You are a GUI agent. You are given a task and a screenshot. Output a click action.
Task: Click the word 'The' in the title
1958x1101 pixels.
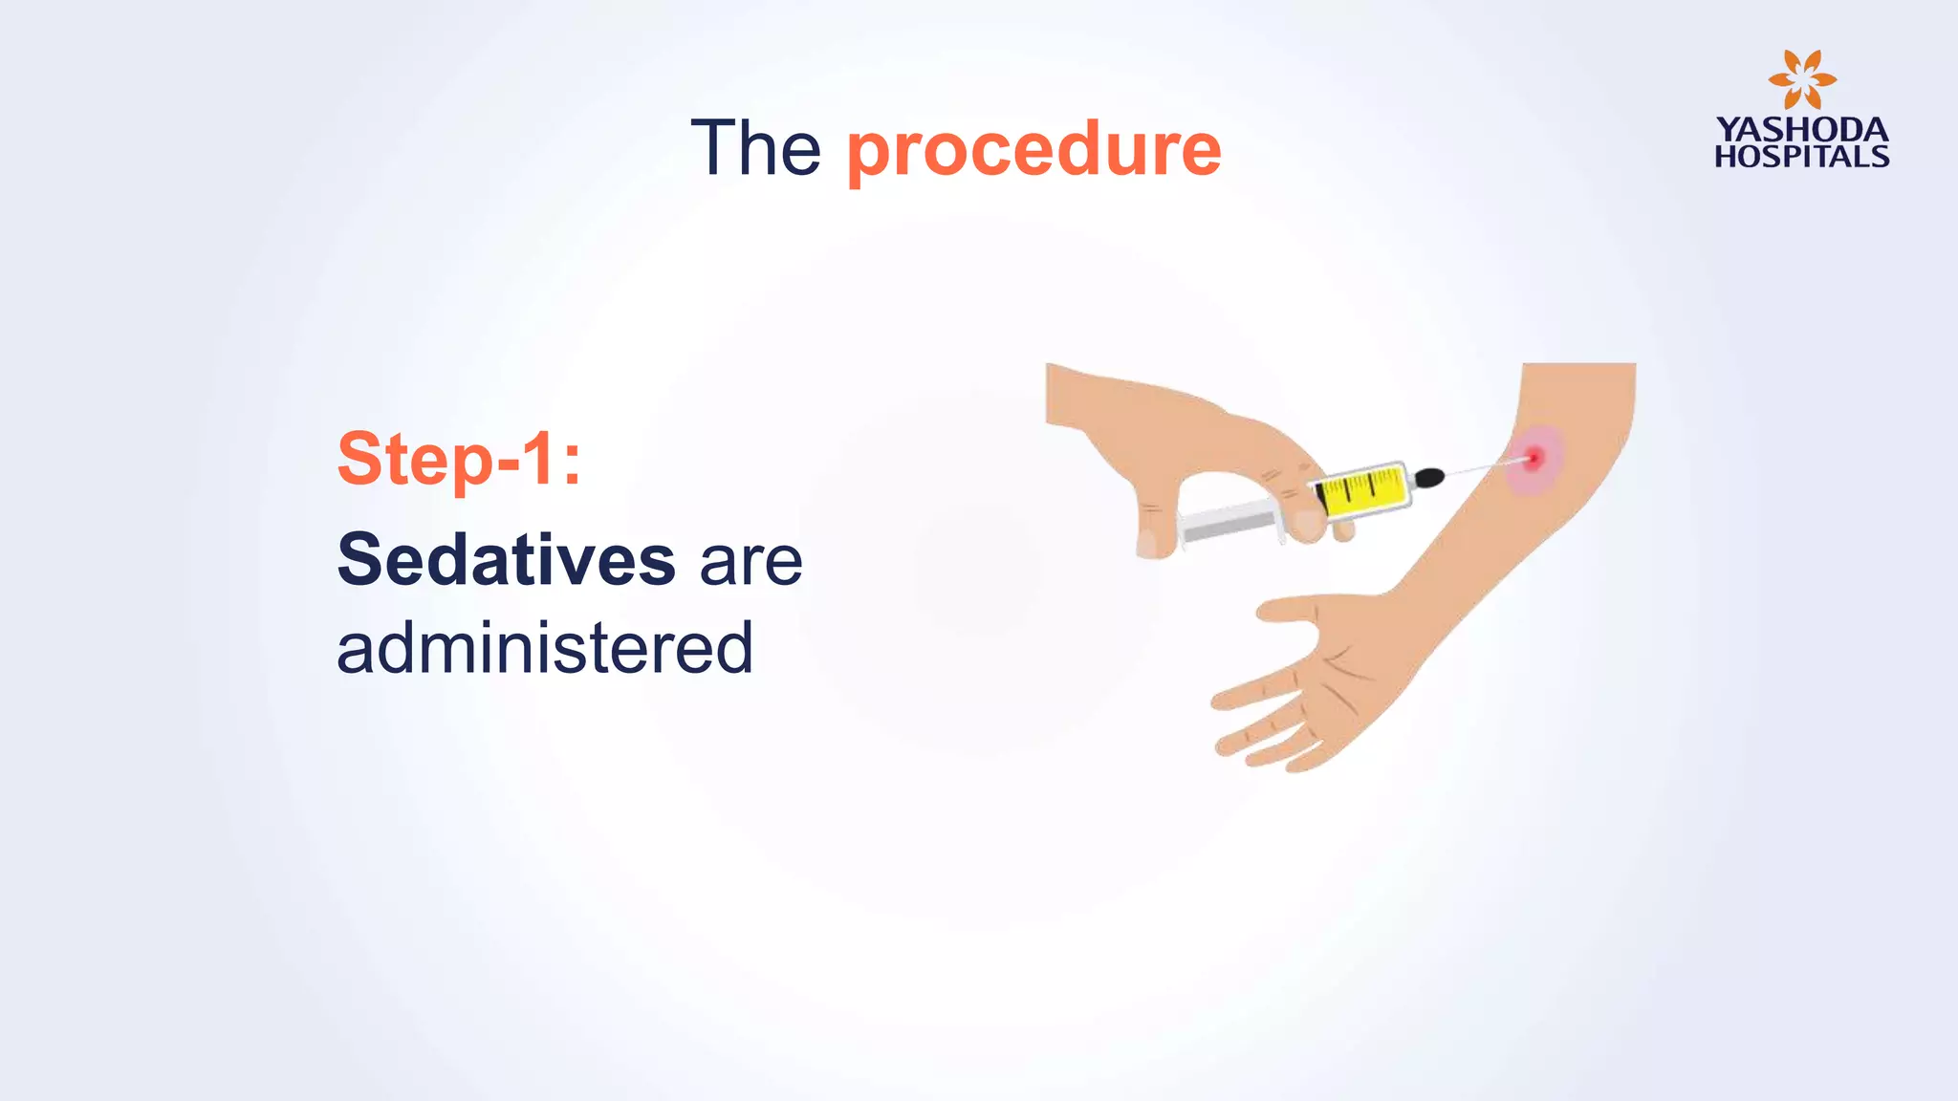click(x=755, y=149)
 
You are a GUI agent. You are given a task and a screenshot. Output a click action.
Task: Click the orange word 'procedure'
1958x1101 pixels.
click(x=1033, y=151)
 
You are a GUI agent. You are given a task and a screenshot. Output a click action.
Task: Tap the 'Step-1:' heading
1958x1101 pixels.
click(x=459, y=460)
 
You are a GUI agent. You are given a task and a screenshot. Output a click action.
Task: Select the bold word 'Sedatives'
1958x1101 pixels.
click(x=507, y=560)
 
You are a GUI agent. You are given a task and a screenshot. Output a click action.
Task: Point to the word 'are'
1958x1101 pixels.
click(x=751, y=562)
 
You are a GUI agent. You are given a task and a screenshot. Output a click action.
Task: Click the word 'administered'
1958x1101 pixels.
click(x=545, y=649)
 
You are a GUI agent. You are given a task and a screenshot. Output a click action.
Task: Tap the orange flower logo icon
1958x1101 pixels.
click(x=1801, y=79)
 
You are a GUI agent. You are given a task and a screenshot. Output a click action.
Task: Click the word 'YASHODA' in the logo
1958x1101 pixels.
click(x=1801, y=130)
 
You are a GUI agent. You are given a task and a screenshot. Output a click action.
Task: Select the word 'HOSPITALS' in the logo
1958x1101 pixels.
click(x=1801, y=157)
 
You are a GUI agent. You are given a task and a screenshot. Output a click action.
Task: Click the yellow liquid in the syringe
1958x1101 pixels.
click(x=1362, y=490)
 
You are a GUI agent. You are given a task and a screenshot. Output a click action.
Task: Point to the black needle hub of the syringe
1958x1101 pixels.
click(x=1428, y=477)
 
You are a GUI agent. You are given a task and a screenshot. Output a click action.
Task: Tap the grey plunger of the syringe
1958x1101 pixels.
click(x=1229, y=523)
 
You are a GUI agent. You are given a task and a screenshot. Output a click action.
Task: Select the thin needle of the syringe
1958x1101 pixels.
click(x=1482, y=467)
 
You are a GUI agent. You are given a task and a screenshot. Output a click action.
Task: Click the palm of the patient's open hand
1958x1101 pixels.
click(x=1338, y=679)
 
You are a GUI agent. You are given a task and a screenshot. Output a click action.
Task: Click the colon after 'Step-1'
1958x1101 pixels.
click(x=572, y=462)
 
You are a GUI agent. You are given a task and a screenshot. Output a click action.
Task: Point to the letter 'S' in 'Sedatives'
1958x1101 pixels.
click(x=359, y=560)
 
